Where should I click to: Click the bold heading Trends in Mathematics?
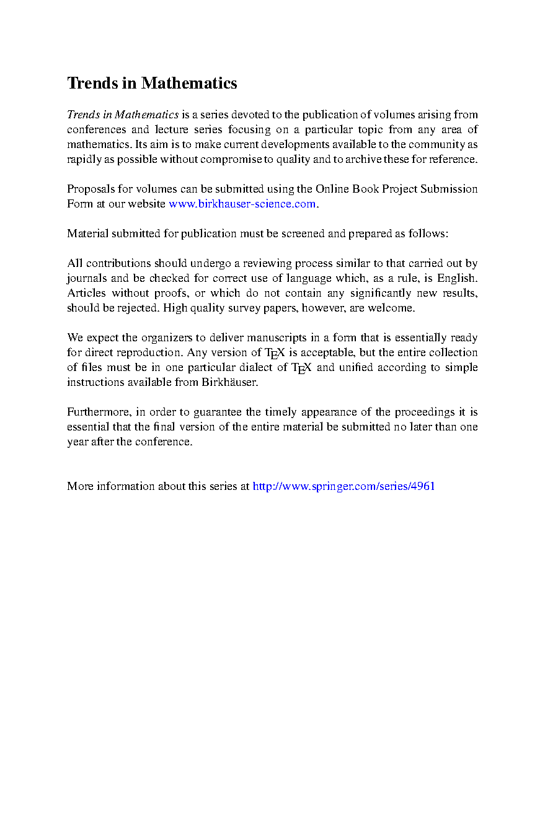[x=152, y=83]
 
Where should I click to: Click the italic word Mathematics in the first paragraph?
[x=147, y=115]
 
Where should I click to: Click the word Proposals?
[x=89, y=189]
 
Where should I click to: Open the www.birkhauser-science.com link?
[x=242, y=204]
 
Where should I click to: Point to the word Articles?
[x=86, y=293]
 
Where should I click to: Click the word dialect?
[x=257, y=367]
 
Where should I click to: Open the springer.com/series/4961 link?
[x=344, y=486]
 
